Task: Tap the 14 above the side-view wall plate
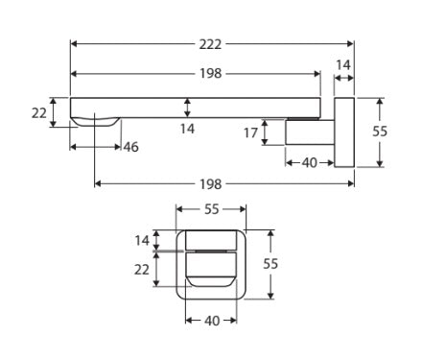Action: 343,64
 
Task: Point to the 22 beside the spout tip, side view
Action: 39,112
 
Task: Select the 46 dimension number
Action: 130,147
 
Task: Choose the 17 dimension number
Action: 250,133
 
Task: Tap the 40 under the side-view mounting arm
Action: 309,162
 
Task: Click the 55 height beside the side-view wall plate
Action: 381,132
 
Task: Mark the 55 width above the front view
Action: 212,209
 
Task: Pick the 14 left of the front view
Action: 142,241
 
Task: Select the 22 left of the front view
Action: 142,270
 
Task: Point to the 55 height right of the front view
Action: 271,262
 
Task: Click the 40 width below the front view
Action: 212,321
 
